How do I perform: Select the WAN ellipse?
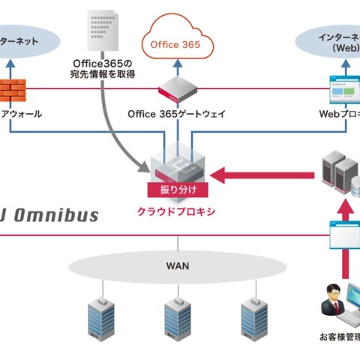point(178,265)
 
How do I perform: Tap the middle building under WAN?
point(176,316)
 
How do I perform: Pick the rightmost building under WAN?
point(253,316)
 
